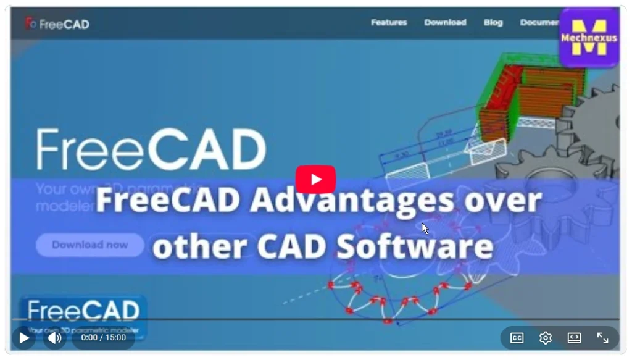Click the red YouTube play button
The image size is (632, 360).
pyautogui.click(x=315, y=180)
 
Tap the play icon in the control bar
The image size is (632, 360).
pyautogui.click(x=24, y=338)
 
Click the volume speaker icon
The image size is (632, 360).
pyautogui.click(x=54, y=338)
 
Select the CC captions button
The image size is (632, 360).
pyautogui.click(x=517, y=338)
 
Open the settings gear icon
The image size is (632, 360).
pyautogui.click(x=545, y=338)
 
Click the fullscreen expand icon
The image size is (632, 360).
pyautogui.click(x=602, y=338)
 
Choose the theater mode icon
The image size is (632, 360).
pyautogui.click(x=574, y=338)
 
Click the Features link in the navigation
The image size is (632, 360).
pyautogui.click(x=389, y=22)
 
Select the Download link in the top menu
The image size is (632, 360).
pyautogui.click(x=445, y=22)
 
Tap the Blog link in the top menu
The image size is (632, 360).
pyautogui.click(x=493, y=22)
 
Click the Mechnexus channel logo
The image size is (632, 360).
pyautogui.click(x=589, y=38)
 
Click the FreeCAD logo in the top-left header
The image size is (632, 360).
pyautogui.click(x=57, y=24)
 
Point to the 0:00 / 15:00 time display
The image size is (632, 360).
pyautogui.click(x=103, y=338)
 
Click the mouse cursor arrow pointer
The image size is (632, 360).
pyautogui.click(x=425, y=228)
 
